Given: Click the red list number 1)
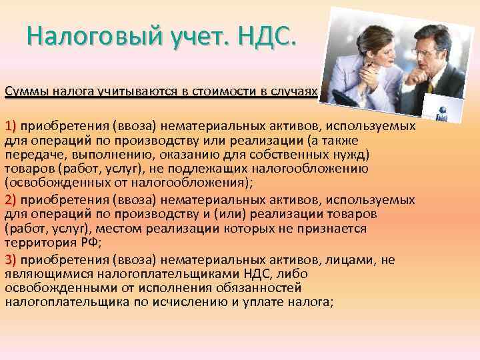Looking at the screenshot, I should click(13, 125).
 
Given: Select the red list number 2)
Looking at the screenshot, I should click(13, 199).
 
